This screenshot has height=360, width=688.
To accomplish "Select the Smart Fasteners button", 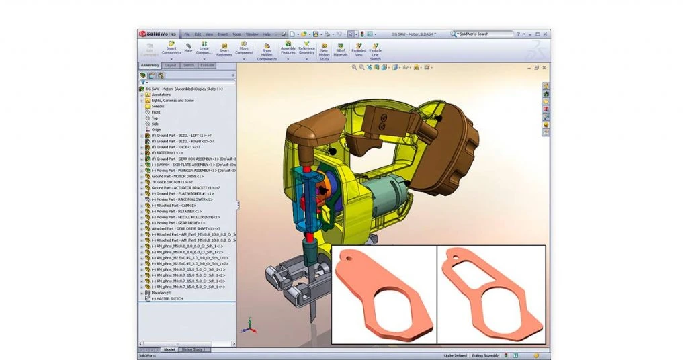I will click(x=224, y=50).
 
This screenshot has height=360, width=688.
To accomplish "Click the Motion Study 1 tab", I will click(x=194, y=349).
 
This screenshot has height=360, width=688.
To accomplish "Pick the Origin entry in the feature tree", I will click(x=156, y=130).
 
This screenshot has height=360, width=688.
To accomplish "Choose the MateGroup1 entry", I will click(x=161, y=293).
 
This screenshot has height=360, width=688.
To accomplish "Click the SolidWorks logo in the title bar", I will click(x=157, y=34).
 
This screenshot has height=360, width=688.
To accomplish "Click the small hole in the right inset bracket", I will click(x=460, y=257).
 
